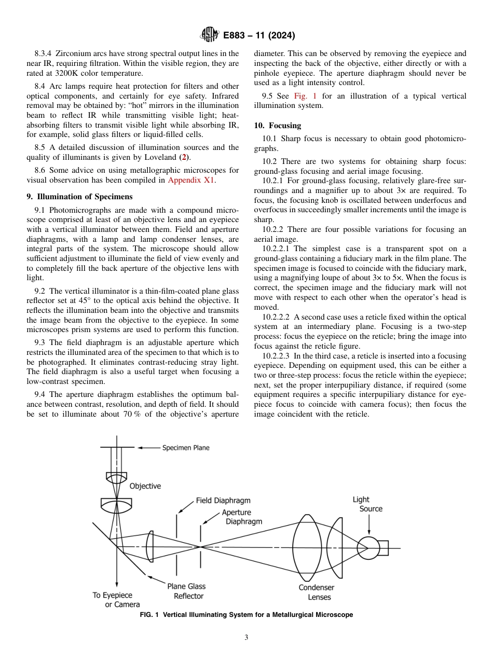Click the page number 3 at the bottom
(x=246, y=637)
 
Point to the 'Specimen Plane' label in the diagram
(x=185, y=447)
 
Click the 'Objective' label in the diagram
(x=145, y=486)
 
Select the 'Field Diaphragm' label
(x=223, y=501)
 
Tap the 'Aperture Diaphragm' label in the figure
(x=241, y=517)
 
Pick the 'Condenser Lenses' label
(x=317, y=592)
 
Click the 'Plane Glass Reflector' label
(x=186, y=591)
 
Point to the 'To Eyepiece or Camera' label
(x=115, y=600)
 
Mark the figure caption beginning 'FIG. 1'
(x=246, y=615)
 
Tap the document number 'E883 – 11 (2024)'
(x=259, y=36)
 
